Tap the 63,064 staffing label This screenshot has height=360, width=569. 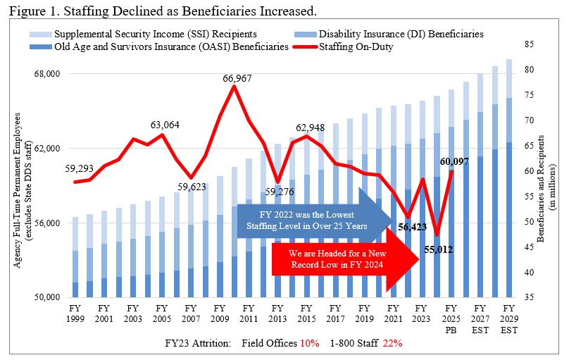click(x=165, y=125)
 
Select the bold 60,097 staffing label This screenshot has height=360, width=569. click(x=455, y=161)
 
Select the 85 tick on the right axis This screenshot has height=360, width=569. click(x=521, y=44)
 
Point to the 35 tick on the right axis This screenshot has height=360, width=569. click(x=521, y=297)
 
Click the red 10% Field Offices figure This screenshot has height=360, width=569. click(x=310, y=342)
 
